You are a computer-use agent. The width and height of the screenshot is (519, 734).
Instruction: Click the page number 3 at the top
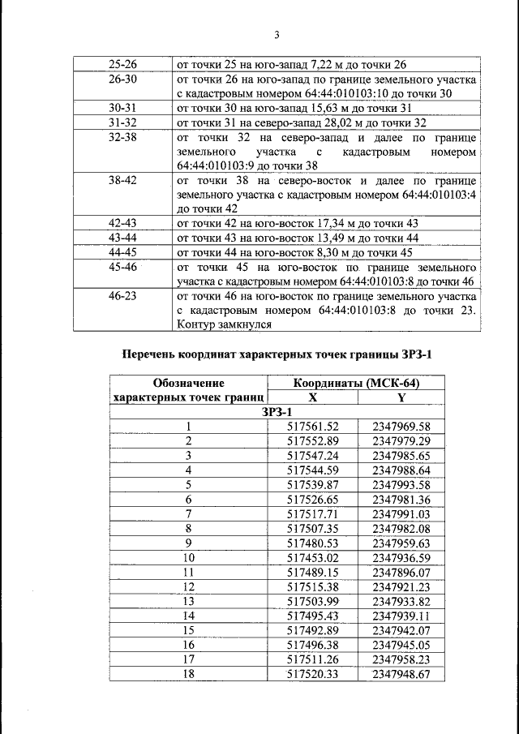point(277,35)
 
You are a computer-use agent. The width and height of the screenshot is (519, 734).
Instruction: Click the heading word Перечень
point(155,354)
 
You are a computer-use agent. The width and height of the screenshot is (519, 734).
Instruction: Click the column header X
point(312,398)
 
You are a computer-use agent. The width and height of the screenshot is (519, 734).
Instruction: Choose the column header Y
point(401,398)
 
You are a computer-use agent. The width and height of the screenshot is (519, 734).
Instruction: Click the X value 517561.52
point(313,427)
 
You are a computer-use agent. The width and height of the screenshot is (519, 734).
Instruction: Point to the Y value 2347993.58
point(401,484)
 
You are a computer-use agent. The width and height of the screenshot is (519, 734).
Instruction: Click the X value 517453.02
point(313,557)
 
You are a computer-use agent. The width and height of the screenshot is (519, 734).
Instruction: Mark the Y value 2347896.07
point(401,572)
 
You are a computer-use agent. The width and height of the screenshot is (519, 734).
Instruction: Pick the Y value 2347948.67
point(401,673)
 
